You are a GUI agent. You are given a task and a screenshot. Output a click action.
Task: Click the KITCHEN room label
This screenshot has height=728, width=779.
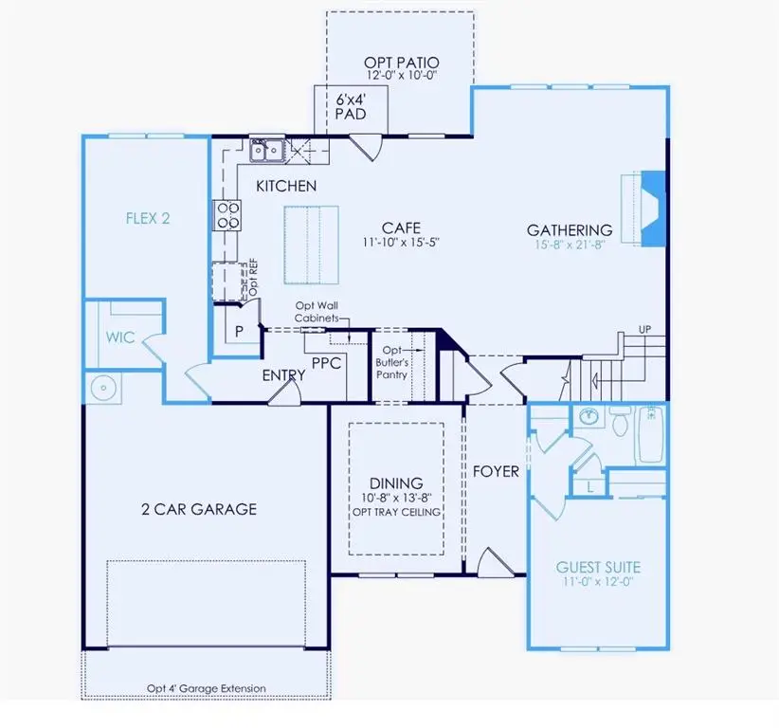[286, 186]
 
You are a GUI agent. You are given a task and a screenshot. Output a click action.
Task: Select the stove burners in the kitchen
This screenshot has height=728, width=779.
[228, 216]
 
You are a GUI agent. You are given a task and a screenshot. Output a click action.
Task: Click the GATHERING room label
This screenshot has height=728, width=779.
[570, 229]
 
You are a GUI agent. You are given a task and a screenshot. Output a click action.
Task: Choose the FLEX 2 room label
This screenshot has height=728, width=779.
[148, 218]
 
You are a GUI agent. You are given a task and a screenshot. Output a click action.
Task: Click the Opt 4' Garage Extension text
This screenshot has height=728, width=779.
[207, 688]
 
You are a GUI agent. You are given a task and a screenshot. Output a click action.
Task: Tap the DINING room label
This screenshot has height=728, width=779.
[397, 482]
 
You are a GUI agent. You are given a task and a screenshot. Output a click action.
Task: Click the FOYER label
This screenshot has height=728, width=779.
[496, 471]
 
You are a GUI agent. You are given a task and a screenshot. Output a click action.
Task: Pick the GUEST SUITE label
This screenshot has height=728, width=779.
[598, 567]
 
